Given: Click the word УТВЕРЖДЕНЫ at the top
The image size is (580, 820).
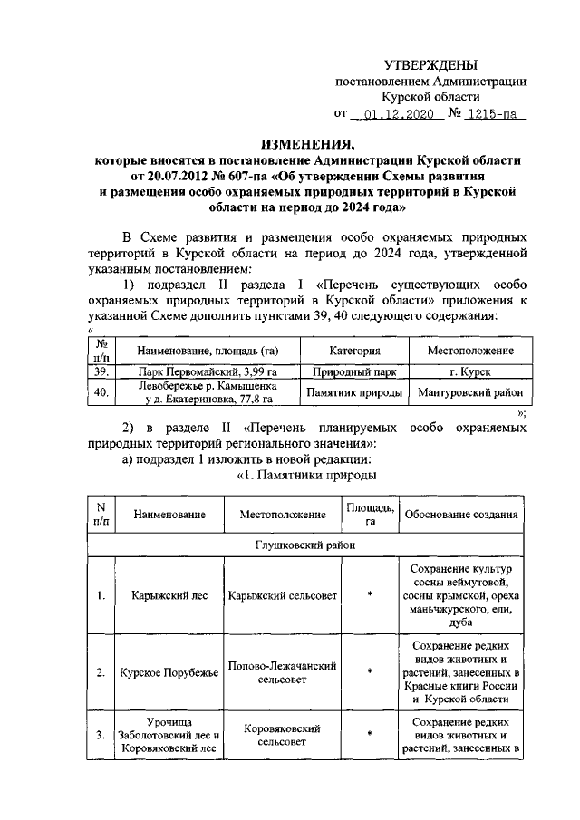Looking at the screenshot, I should (x=430, y=64).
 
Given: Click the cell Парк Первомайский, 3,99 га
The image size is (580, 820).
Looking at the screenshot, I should (x=208, y=371).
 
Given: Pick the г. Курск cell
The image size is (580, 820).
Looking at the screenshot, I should (x=469, y=371).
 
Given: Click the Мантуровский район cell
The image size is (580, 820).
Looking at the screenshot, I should (x=469, y=392).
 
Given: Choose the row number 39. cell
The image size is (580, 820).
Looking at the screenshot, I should (x=101, y=371).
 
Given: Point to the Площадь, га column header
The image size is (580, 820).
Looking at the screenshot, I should (x=369, y=515).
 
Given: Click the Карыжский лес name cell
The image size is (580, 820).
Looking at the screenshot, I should (x=159, y=596).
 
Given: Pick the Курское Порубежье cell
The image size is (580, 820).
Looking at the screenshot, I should (x=159, y=673).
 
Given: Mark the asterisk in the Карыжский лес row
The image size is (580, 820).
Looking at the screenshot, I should (x=369, y=596).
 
